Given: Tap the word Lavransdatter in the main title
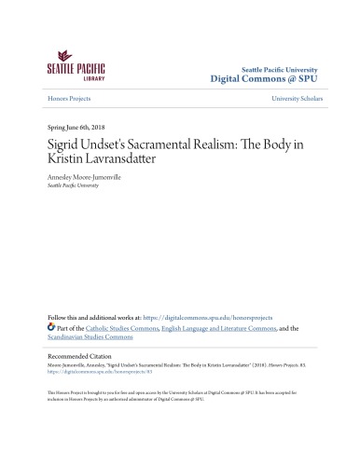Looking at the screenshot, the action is (x=115, y=163).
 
